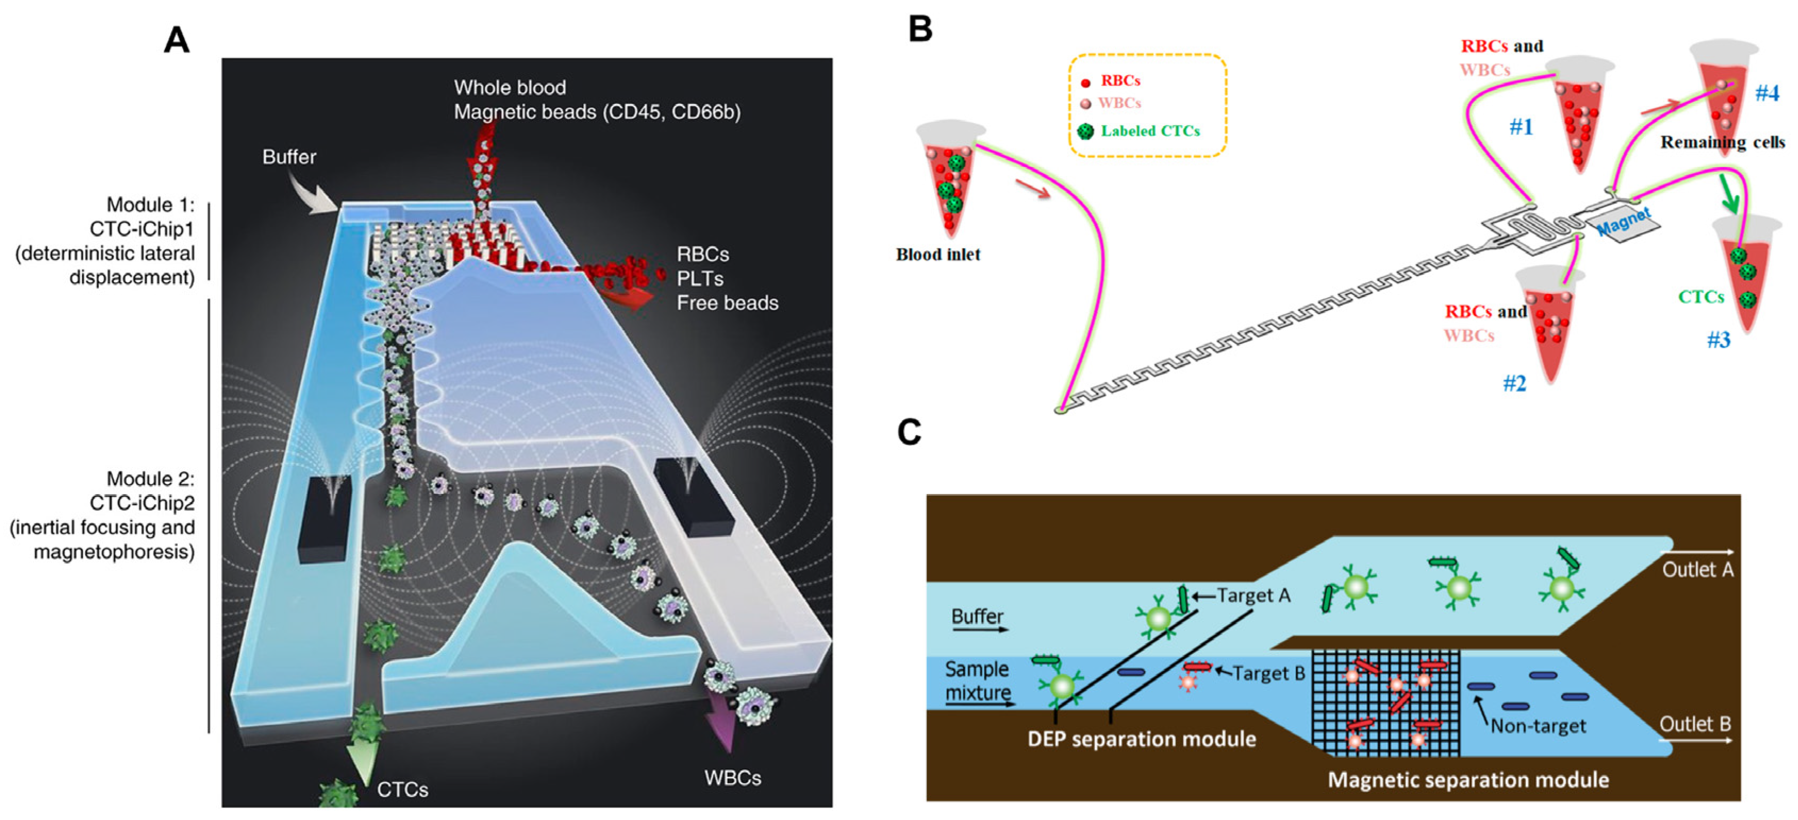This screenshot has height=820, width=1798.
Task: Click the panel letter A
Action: (176, 40)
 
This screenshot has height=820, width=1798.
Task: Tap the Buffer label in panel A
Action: (289, 157)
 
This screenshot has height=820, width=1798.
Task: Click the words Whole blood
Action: (510, 87)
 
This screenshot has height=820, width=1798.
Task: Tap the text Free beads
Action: (727, 302)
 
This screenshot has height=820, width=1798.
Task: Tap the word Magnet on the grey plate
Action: (1624, 222)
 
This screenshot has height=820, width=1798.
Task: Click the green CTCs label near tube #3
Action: (1701, 297)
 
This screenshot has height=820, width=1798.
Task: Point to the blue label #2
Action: (1514, 383)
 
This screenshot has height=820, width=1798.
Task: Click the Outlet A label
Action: (1697, 569)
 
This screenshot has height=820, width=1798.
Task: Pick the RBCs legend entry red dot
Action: (1085, 83)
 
